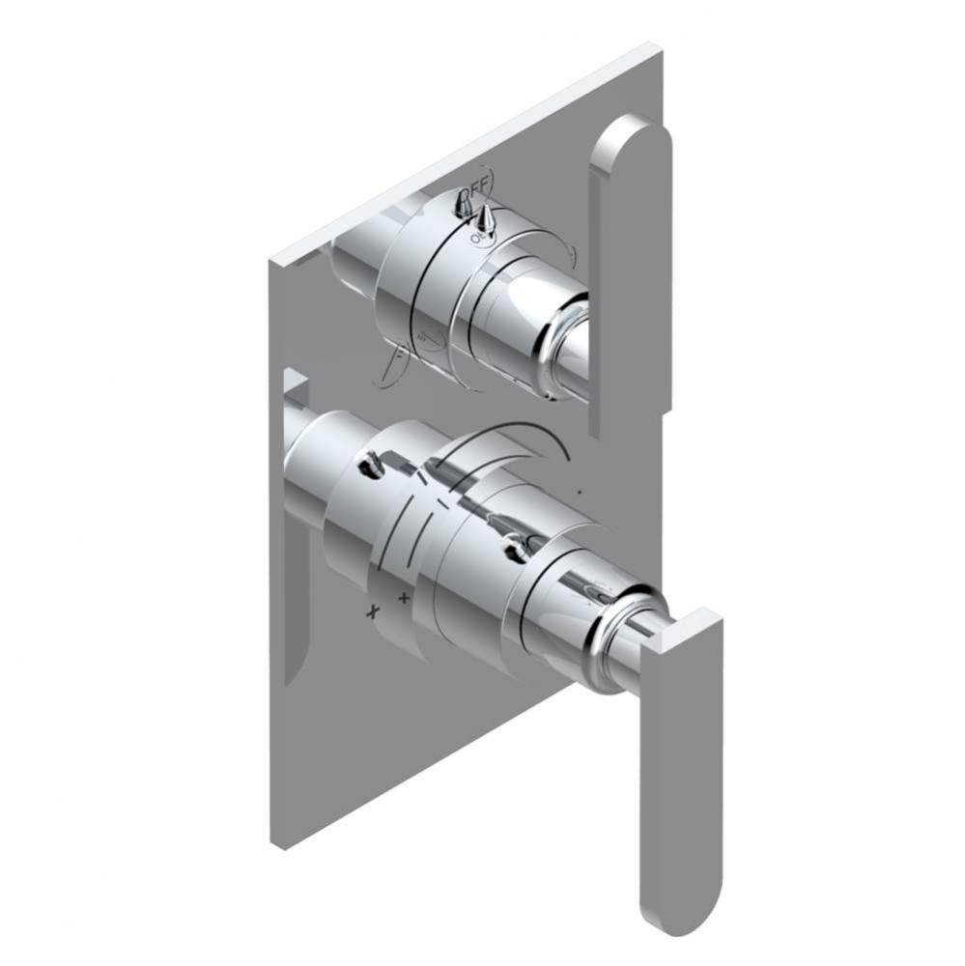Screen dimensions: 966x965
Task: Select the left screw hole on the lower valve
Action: point(371,469)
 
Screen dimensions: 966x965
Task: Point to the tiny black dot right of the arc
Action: point(579,493)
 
